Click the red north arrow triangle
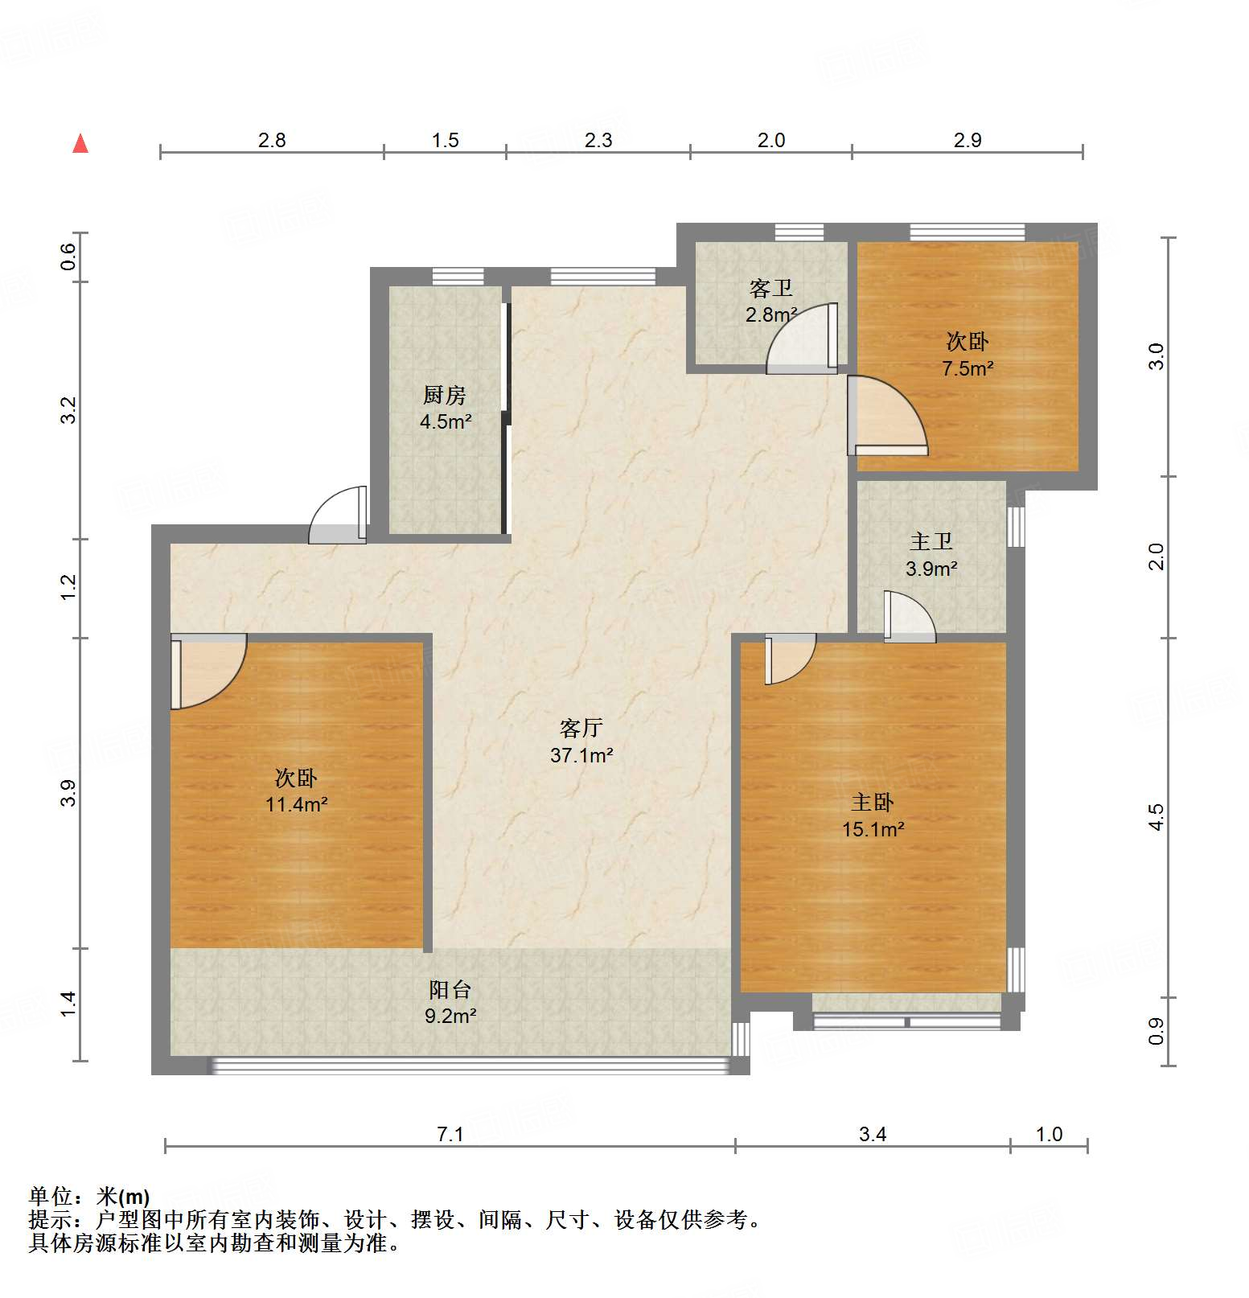(80, 143)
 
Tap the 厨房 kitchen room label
(445, 395)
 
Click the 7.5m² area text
(968, 369)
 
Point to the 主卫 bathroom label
(931, 541)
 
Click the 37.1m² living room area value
(581, 755)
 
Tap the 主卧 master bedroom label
(873, 802)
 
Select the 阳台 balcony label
(450, 989)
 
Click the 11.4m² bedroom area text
(297, 804)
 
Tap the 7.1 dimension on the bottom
(450, 1134)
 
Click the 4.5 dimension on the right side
(1156, 817)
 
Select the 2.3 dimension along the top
(598, 140)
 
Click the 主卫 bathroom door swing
(910, 618)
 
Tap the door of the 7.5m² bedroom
(887, 416)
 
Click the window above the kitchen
(458, 277)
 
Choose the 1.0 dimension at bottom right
(1049, 1134)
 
